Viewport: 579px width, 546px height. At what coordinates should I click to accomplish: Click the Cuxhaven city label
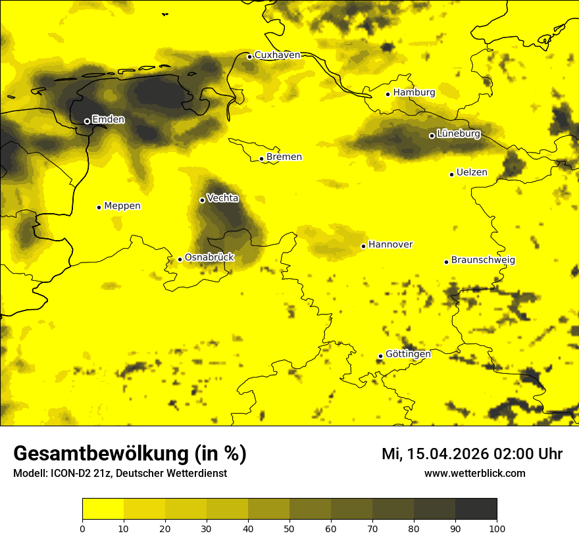pos(277,55)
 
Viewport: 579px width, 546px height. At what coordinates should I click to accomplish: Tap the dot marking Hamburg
pos(388,94)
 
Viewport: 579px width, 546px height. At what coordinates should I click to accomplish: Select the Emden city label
pos(108,120)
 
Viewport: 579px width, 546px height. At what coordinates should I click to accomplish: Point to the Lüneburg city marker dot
pos(432,136)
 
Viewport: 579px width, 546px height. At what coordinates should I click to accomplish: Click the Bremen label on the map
pos(284,157)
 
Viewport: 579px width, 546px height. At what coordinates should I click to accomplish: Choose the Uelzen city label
pos(472,173)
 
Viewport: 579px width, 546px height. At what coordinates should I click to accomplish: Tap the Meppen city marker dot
pos(99,207)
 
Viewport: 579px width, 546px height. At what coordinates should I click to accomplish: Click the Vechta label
pos(222,198)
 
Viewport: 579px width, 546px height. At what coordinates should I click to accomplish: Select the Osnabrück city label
pos(209,258)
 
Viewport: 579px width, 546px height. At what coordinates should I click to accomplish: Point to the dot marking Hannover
pos(363,246)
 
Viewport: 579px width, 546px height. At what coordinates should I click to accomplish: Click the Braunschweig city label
pos(483,261)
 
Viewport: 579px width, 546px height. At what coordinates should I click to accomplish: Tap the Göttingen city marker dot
pos(380,356)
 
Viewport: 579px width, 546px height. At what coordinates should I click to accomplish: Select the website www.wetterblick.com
pos(474,474)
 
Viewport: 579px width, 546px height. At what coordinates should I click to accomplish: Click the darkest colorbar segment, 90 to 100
pos(476,509)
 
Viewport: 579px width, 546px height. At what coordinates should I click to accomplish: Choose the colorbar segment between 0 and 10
pos(103,509)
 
